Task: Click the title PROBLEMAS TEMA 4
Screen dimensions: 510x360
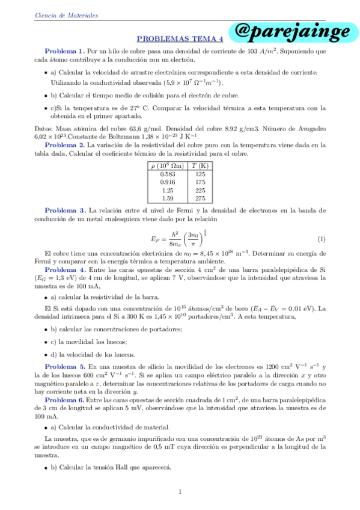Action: point(180,38)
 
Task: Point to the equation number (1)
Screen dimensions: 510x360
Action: point(322,239)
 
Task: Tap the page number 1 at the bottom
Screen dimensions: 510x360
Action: point(180,492)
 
